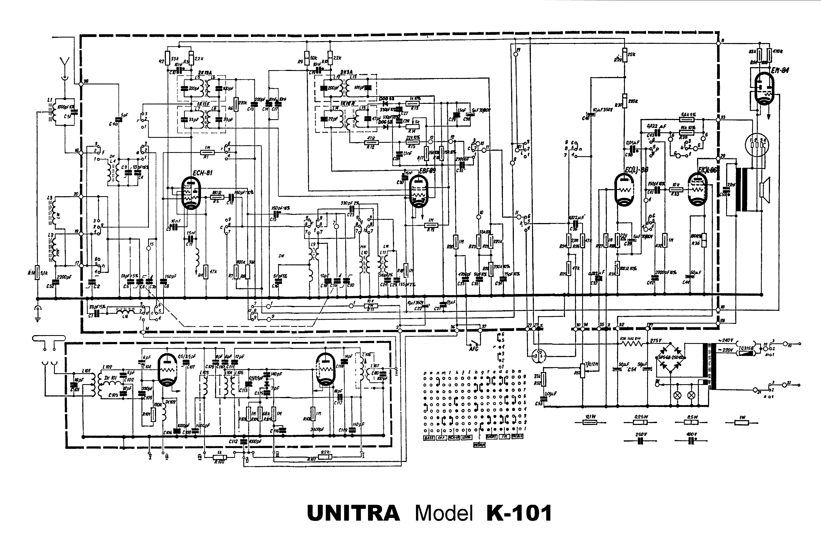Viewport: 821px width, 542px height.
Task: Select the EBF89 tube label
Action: point(427,171)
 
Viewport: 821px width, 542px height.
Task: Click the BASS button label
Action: point(429,438)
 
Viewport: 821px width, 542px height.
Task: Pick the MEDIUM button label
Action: point(479,445)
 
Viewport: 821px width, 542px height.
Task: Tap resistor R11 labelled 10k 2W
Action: point(370,306)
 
